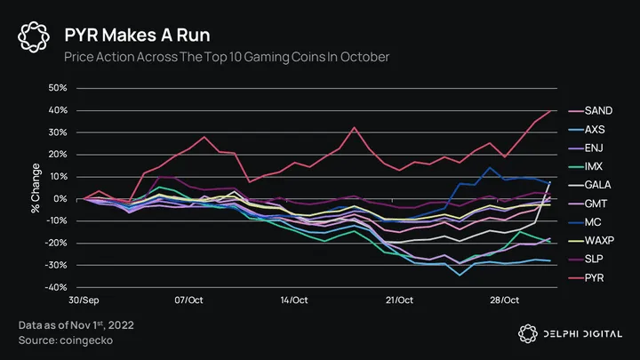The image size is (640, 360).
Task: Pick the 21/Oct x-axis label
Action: coord(399,301)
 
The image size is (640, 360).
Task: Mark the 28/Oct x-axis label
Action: coord(505,301)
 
